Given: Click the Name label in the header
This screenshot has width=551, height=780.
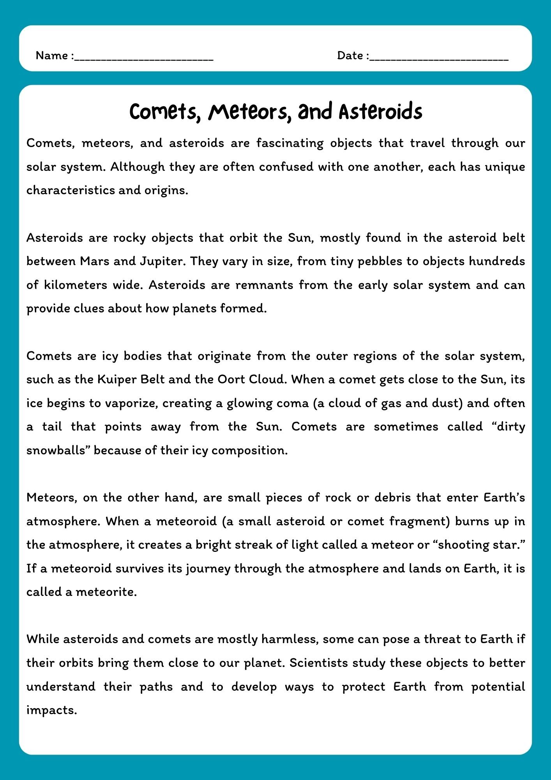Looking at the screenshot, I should coord(52,56).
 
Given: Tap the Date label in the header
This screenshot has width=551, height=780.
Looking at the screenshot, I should coord(350,56).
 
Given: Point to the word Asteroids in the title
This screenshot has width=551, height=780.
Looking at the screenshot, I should coord(380,112).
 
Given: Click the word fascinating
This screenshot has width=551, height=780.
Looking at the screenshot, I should coord(290,143).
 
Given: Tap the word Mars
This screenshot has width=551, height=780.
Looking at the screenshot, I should coord(94,261).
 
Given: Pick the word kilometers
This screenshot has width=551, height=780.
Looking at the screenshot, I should coord(75,285).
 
